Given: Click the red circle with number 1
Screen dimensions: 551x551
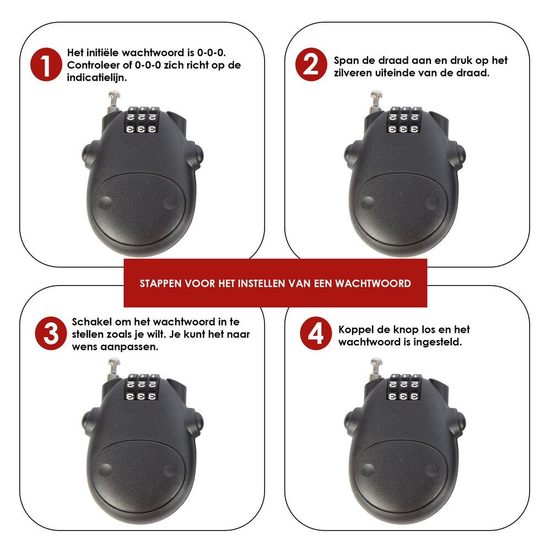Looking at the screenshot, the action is click(46, 64).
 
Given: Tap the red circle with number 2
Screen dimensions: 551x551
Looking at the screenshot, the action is click(311, 64).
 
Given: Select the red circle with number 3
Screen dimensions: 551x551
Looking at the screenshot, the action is click(51, 333).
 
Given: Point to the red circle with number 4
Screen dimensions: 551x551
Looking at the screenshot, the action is click(316, 333).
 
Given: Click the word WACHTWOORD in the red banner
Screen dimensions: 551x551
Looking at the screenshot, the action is click(373, 284).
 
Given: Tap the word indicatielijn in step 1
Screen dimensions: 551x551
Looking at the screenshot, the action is click(96, 78).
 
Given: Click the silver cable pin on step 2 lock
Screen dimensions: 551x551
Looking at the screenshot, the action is click(376, 101).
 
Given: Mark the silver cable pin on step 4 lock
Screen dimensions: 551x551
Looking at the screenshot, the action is click(376, 369).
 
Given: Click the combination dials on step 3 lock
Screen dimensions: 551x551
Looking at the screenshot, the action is click(142, 387).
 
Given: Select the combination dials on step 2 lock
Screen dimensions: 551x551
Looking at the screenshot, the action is click(404, 120).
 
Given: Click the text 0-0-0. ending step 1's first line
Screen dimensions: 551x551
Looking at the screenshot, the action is click(211, 53).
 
